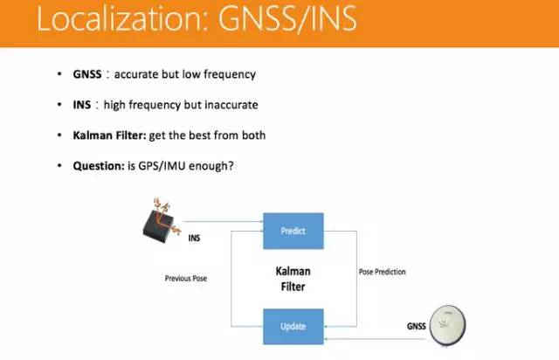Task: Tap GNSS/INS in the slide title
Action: click(x=286, y=21)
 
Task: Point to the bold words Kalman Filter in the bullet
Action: click(x=109, y=135)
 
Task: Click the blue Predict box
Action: click(x=293, y=232)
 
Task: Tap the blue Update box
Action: click(x=293, y=327)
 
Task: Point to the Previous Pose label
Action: click(x=187, y=279)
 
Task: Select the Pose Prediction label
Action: click(x=382, y=272)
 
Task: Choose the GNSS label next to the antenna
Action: click(x=418, y=326)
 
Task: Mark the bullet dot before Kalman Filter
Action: click(x=59, y=135)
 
